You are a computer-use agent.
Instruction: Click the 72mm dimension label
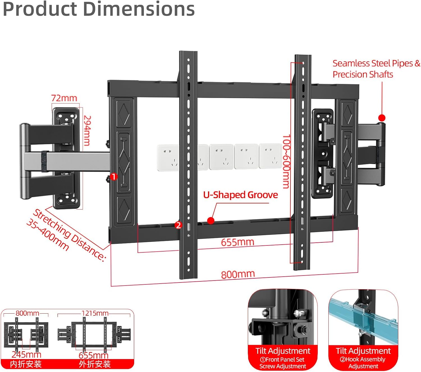pos(64,98)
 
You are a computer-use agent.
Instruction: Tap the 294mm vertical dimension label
pos(87,130)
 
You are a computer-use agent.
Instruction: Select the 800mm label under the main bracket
pos(238,274)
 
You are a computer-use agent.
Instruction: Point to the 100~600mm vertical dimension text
pos(286,161)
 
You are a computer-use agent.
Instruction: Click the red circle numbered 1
pos(114,177)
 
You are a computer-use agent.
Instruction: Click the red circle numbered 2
pos(178,225)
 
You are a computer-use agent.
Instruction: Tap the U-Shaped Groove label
pos(241,195)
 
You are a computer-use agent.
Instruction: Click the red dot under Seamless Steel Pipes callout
pos(382,118)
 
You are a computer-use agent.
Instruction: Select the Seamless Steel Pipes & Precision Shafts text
pos(376,69)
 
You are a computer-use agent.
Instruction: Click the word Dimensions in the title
pos(139,9)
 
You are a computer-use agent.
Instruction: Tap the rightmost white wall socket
pos(270,156)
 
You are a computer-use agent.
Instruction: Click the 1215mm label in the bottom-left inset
pos(95,313)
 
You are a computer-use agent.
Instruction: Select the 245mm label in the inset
pos(26,355)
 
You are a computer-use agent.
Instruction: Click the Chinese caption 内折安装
pos(26,364)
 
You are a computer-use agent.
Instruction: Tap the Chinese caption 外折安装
pos(95,364)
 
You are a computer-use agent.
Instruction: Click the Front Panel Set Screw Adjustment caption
pos(283,363)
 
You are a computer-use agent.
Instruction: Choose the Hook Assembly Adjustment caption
pos(363,363)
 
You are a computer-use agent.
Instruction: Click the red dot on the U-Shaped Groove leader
pos(211,221)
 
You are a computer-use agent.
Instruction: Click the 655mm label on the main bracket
pos(237,242)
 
